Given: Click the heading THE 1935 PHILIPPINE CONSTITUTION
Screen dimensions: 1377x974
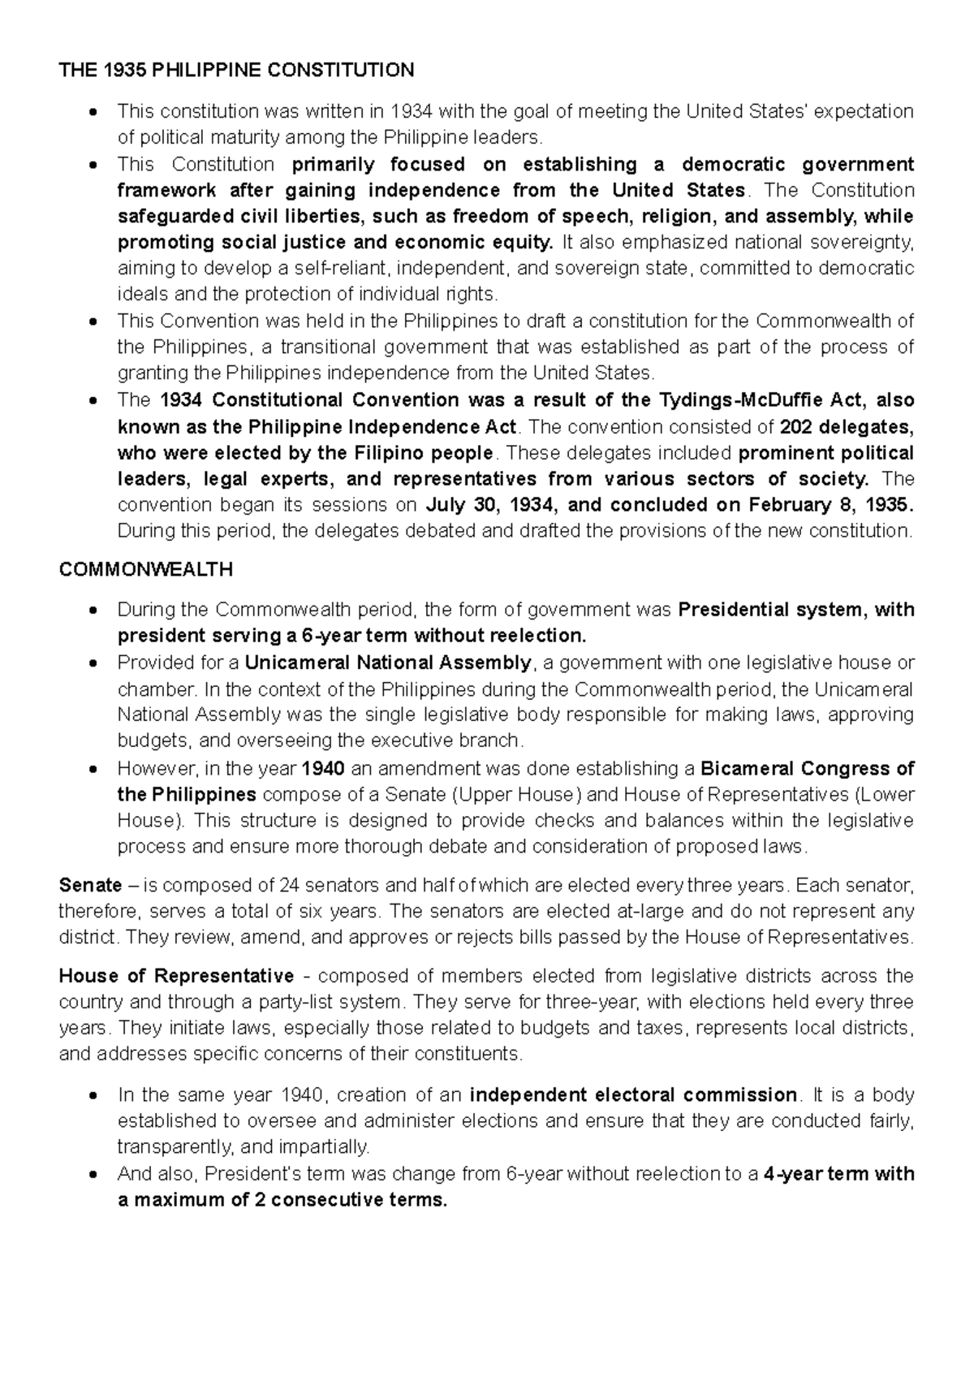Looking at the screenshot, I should click(x=236, y=71).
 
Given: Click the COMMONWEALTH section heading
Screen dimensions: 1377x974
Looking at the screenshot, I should click(x=146, y=570).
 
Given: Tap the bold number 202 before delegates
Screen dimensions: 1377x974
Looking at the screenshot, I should click(x=796, y=427).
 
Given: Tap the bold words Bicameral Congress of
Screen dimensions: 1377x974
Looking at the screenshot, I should click(x=807, y=768).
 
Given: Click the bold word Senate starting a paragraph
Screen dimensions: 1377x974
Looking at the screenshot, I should click(x=90, y=885).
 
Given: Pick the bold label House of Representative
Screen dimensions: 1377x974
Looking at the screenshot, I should click(x=177, y=976).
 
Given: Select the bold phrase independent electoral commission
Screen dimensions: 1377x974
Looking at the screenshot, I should click(x=633, y=1095).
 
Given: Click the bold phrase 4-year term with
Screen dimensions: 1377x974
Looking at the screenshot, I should click(x=839, y=1174).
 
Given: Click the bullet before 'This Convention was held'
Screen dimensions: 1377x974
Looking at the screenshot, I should click(x=95, y=322).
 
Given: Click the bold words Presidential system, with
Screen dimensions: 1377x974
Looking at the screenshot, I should click(x=795, y=610).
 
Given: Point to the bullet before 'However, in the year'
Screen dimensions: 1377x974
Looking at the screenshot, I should click(x=95, y=769).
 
